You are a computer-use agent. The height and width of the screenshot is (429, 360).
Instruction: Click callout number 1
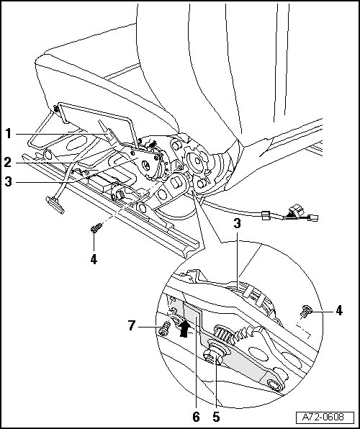[9, 134]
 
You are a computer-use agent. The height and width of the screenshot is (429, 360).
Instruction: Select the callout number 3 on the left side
[8, 181]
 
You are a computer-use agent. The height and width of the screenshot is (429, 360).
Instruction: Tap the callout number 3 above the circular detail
[237, 224]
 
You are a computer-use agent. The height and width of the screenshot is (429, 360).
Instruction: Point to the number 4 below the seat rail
[94, 259]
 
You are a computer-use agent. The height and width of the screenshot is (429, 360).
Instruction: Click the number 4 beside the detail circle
[339, 310]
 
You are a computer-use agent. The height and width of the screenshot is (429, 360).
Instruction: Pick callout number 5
[216, 417]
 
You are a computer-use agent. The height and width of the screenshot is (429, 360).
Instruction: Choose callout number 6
[196, 417]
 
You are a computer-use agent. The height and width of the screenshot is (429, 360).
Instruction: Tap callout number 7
[132, 326]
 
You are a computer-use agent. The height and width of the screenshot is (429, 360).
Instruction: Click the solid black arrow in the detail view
[184, 328]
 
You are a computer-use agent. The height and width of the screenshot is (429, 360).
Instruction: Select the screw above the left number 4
[96, 227]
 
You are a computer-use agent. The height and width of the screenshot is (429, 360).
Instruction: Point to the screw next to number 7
[165, 328]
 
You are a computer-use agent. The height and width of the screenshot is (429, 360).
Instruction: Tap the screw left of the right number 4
[306, 312]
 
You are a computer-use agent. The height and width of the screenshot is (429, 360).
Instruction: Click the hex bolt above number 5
[213, 357]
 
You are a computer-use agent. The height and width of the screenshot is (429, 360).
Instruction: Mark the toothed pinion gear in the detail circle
[223, 334]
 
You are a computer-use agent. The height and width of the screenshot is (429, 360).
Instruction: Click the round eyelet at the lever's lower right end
[274, 384]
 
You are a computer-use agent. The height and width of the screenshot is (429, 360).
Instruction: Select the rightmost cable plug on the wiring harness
[313, 218]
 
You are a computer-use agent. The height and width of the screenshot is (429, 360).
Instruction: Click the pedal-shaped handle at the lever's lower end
[55, 204]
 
